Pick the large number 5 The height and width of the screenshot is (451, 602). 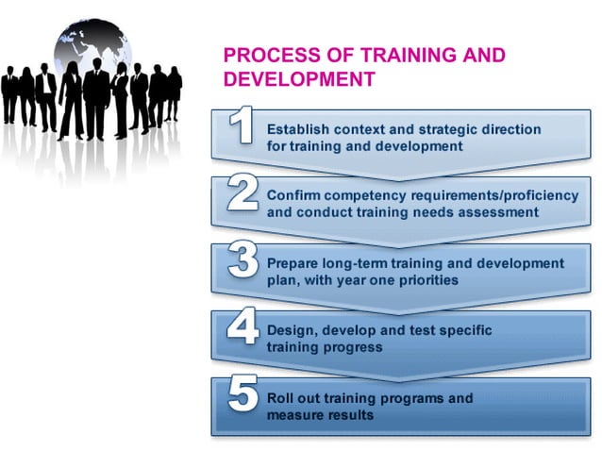(243, 394)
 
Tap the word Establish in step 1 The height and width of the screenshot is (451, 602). (298, 128)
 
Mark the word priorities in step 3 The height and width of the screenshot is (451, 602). (424, 280)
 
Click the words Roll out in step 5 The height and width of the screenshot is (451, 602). (295, 398)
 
